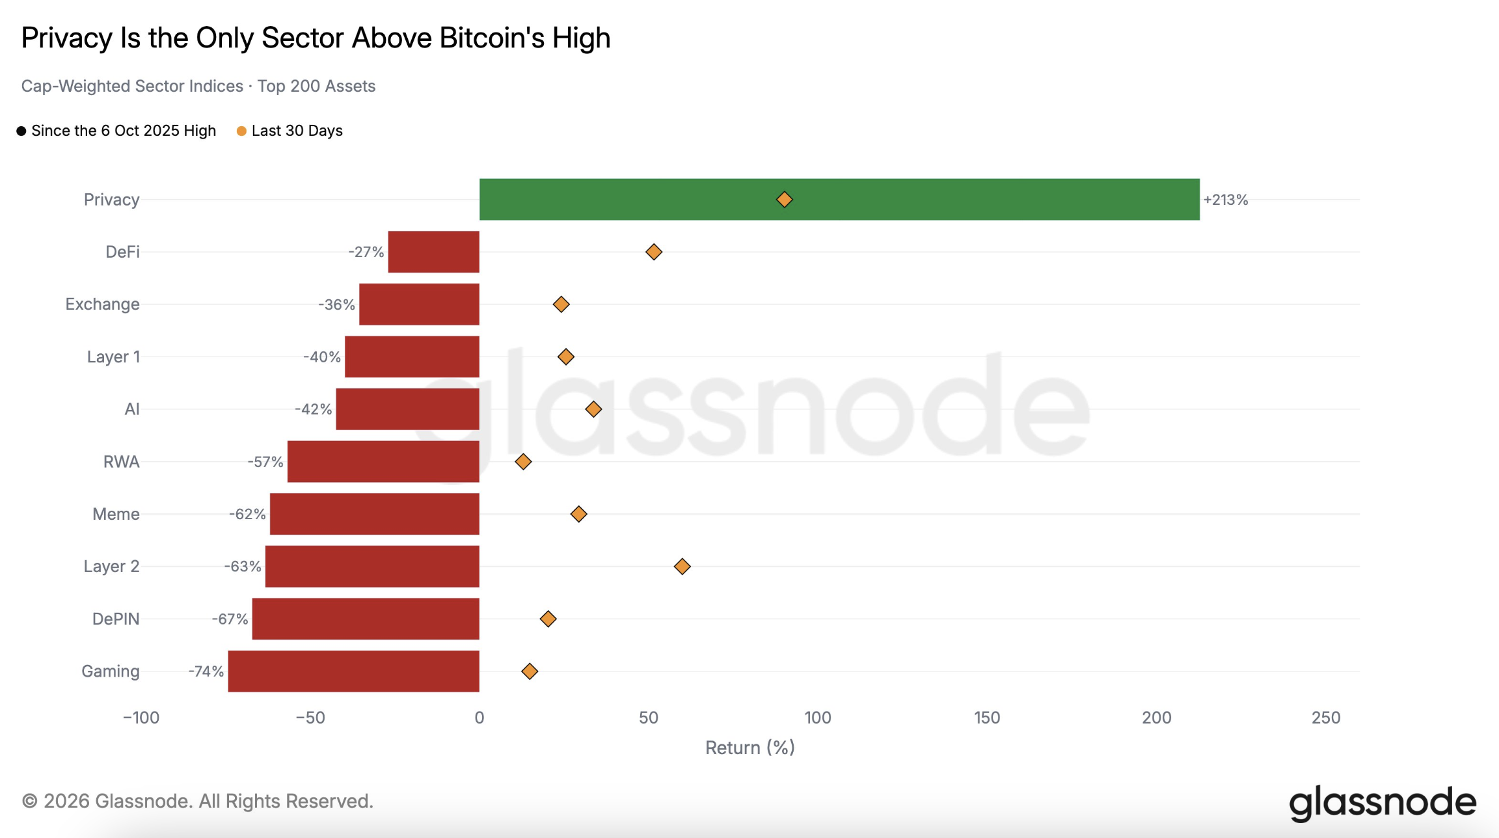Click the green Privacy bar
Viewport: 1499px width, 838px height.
[839, 199]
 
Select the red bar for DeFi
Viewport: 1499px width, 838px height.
[433, 252]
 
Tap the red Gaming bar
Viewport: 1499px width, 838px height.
[353, 671]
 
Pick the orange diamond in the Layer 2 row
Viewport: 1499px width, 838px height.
[682, 566]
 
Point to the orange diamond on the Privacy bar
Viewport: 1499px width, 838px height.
[785, 199]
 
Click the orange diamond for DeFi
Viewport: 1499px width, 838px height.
[654, 252]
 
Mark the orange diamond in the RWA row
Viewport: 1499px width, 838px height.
[523, 461]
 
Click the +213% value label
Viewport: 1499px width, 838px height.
[1226, 200]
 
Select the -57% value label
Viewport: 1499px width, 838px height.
[265, 462]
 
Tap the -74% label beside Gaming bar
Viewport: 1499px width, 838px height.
[206, 671]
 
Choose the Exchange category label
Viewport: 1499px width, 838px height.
[102, 304]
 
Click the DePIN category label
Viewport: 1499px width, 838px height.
[116, 619]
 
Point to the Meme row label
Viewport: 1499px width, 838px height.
[116, 514]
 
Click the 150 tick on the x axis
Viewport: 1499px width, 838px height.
[987, 718]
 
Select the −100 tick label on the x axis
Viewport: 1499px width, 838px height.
[141, 718]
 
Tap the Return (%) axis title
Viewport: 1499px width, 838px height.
[750, 748]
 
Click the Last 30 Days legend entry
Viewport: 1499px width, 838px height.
[290, 131]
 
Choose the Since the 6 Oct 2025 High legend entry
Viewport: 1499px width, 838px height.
[116, 131]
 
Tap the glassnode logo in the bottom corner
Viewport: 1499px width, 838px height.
[1383, 803]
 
